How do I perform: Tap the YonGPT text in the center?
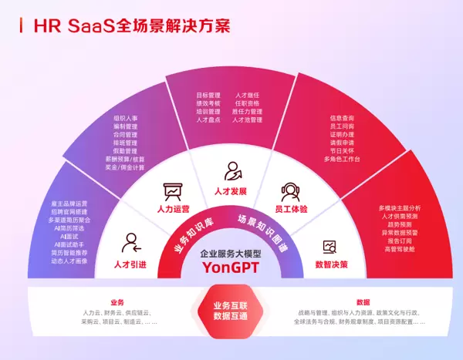pyautogui.click(x=231, y=267)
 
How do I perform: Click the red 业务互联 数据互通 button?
pyautogui.click(x=231, y=311)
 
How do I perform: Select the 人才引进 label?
pyautogui.click(x=127, y=264)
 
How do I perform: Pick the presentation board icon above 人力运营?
pyautogui.click(x=172, y=190)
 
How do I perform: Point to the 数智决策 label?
pyautogui.click(x=331, y=264)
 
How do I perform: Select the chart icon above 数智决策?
pyautogui.click(x=330, y=246)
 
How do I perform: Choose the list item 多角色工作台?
pyautogui.click(x=341, y=159)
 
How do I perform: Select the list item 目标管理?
pyautogui.click(x=208, y=96)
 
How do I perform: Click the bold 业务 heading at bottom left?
pyautogui.click(x=117, y=302)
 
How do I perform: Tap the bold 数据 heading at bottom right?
pyautogui.click(x=363, y=302)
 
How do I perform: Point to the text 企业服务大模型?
pyautogui.click(x=231, y=253)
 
